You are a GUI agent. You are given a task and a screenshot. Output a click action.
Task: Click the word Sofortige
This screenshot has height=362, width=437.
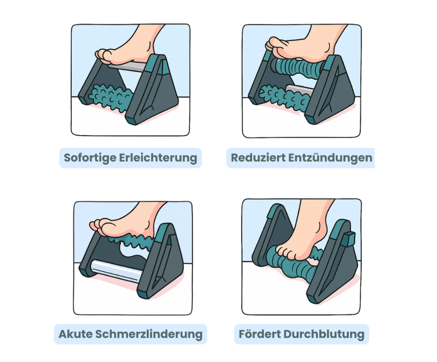pos(90,158)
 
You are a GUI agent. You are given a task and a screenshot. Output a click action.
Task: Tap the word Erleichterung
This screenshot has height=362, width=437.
pos(158,158)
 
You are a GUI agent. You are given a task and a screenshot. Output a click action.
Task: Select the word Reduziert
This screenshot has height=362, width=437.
pos(258,158)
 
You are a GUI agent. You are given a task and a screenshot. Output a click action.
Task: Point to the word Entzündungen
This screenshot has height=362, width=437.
pos(330,158)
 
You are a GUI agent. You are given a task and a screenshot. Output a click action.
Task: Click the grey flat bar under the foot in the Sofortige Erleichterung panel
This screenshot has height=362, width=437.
pos(127,67)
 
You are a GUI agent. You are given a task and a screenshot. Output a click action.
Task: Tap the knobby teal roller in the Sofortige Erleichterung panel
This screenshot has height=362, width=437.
pos(110,97)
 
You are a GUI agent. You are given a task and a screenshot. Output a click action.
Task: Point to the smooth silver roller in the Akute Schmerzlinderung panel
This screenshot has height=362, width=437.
pos(115,271)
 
